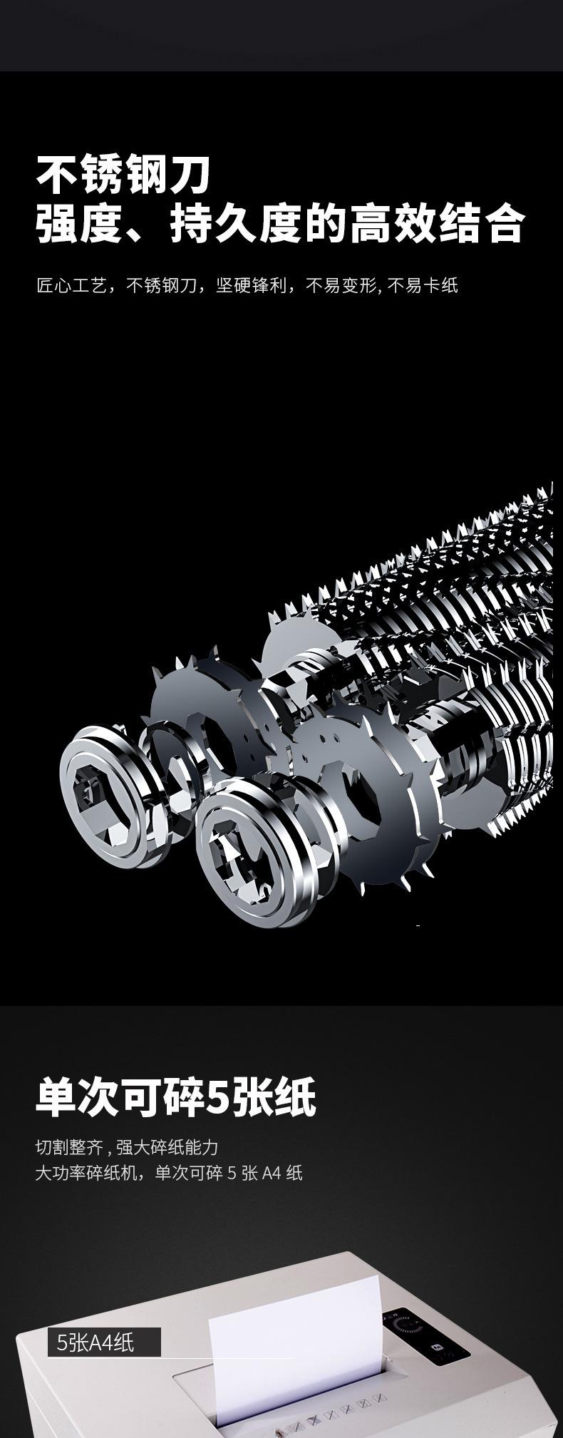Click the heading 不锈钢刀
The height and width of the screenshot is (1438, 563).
coord(124,175)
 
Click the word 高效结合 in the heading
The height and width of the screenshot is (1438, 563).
coord(436,223)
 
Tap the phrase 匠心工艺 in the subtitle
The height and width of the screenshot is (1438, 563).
coord(71,287)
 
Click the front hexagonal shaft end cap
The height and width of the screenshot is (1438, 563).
coord(258,851)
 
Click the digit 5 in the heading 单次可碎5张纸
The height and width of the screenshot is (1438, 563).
coord(217,1099)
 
